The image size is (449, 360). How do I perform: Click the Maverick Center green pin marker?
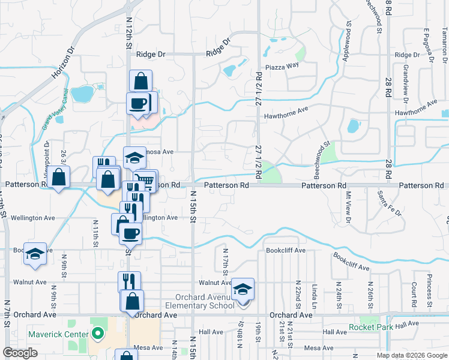98,334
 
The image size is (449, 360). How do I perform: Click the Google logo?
20,353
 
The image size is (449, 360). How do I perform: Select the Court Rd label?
414,292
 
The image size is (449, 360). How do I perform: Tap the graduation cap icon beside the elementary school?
243,289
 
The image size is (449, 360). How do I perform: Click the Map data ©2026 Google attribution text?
412,355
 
